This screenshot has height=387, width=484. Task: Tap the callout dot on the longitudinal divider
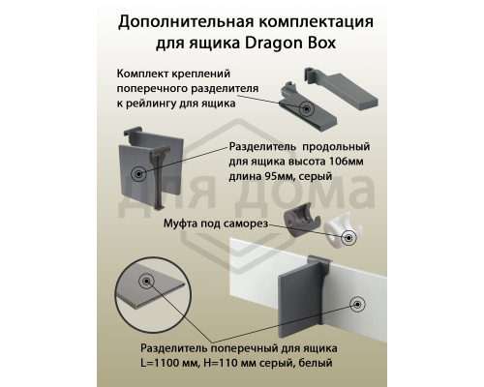(139, 175)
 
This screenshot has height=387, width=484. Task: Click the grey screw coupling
(297, 225)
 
